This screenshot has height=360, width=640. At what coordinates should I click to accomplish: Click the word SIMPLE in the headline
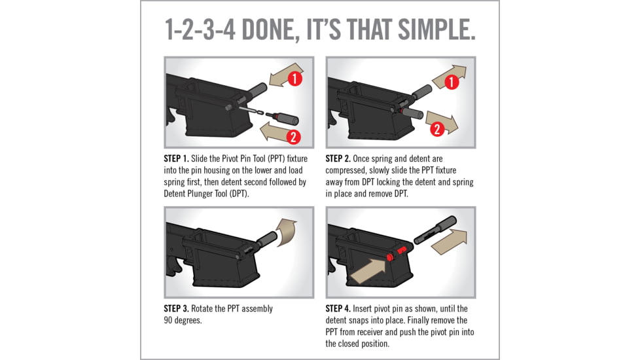click(x=436, y=29)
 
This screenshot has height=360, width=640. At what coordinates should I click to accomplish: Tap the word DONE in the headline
click(x=268, y=29)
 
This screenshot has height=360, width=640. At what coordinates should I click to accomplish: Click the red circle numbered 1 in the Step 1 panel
click(x=294, y=79)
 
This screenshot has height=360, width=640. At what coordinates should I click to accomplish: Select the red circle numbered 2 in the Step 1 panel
click(x=293, y=137)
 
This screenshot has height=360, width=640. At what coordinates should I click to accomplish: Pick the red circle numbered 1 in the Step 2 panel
click(x=451, y=82)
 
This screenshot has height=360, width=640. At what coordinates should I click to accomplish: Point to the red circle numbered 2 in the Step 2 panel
click(x=437, y=130)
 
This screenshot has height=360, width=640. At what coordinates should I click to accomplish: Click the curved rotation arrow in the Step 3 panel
click(x=287, y=232)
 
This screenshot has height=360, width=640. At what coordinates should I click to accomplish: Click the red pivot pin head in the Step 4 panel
click(x=389, y=257)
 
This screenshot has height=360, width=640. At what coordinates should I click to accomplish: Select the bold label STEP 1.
click(x=176, y=158)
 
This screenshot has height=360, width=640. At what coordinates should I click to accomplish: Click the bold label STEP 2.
click(x=338, y=158)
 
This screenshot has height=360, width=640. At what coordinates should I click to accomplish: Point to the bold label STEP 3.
click(x=176, y=308)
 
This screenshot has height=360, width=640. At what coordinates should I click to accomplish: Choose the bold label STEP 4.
click(x=338, y=308)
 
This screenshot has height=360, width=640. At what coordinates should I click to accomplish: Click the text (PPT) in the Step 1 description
click(x=276, y=158)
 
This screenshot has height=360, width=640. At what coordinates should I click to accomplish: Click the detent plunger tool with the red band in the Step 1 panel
click(x=282, y=118)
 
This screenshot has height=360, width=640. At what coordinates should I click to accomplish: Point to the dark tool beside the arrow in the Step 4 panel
click(x=435, y=230)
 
